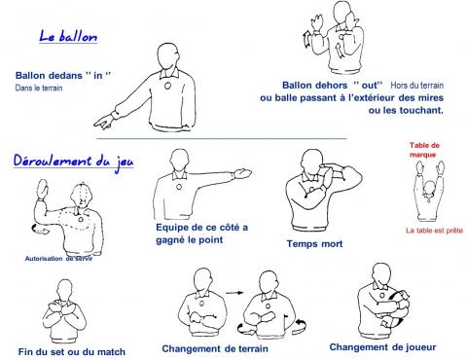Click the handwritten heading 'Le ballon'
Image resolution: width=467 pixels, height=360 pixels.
coord(68,36)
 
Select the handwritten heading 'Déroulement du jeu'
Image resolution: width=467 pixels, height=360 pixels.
coord(73,162)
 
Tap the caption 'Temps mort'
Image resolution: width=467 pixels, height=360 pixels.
coord(314,243)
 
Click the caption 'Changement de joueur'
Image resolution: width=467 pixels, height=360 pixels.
coord(382,347)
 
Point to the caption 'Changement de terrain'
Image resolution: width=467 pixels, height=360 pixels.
coord(215,348)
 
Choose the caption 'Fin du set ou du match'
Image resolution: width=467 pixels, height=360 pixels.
coord(72,352)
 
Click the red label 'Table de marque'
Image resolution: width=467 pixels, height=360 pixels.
coord(424,150)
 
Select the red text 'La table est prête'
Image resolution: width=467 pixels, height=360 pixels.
coord(434,231)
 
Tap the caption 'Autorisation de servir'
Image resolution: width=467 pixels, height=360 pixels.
coord(58,259)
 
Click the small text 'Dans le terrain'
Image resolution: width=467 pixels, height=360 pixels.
coord(39,88)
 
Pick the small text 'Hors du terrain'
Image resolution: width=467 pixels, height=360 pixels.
coord(417,86)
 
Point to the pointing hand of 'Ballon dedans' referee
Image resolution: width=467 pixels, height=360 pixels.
coord(103,122)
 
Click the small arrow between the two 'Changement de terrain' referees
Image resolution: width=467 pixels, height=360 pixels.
coord(234,293)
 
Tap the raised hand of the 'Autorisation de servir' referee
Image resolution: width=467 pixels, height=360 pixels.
coord(43,189)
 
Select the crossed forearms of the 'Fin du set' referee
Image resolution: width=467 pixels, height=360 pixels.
coord(65,309)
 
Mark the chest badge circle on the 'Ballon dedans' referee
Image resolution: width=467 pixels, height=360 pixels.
coord(167,86)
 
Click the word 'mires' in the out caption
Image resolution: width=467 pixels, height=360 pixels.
coord(430,97)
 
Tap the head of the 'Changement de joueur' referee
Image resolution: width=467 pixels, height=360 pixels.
coord(381,274)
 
